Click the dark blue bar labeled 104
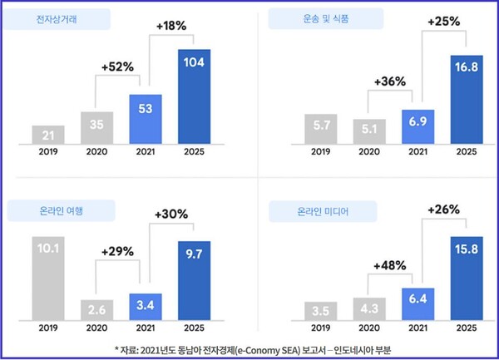[194, 96]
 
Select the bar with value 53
[146, 118]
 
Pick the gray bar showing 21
[48, 134]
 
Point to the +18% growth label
[173, 25]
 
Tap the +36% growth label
[391, 81]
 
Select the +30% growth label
[173, 214]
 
